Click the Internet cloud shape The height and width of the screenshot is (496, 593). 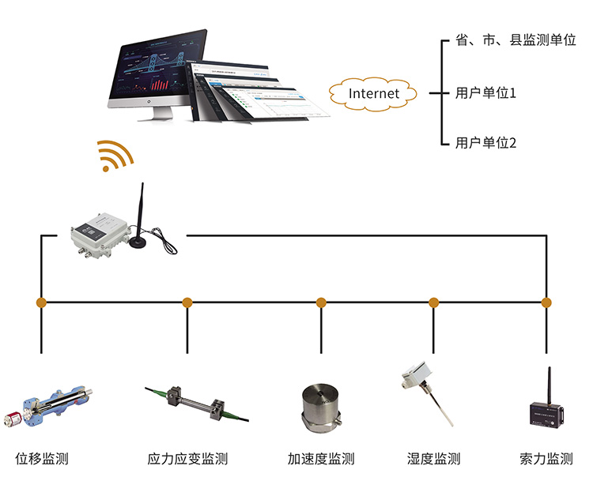coord(374,93)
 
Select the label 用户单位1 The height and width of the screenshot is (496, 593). coord(485,93)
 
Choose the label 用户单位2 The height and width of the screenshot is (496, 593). coord(485,143)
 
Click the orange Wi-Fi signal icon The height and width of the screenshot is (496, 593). coord(112,156)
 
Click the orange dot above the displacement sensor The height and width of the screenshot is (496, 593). coord(41,302)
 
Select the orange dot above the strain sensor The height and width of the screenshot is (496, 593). coord(187,302)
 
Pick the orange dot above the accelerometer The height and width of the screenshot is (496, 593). coord(321,302)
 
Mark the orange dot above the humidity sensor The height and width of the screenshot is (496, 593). coord(433,302)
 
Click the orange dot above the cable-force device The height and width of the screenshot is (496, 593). coord(546,302)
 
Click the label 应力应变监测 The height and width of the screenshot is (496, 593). coord(187,459)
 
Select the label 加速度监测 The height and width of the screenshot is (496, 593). coord(321,459)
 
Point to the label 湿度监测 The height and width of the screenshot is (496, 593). coord(433,459)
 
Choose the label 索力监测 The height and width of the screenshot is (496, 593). coord(546,459)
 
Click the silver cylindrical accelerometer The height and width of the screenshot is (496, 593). coord(321,408)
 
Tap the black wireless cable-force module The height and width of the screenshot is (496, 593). coord(546,411)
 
